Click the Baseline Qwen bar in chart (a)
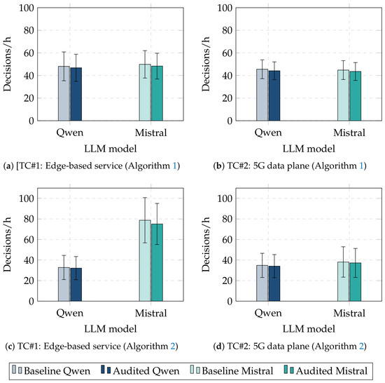(64, 93)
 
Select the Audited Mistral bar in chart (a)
(157, 93)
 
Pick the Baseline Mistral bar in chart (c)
(145, 260)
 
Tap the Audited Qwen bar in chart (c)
(76, 285)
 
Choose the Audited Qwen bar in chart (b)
(274, 95)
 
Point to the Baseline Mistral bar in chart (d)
(343, 281)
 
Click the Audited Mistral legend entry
(325, 370)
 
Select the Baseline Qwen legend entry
(51, 370)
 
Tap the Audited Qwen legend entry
(140, 370)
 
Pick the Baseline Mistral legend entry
(232, 370)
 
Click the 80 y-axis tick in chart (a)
(29, 30)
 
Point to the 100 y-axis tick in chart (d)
(225, 199)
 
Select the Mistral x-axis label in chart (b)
(349, 133)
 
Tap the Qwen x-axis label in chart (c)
(70, 313)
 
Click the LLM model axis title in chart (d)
(309, 329)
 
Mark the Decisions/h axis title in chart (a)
(8, 64)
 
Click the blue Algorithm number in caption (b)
(361, 166)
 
